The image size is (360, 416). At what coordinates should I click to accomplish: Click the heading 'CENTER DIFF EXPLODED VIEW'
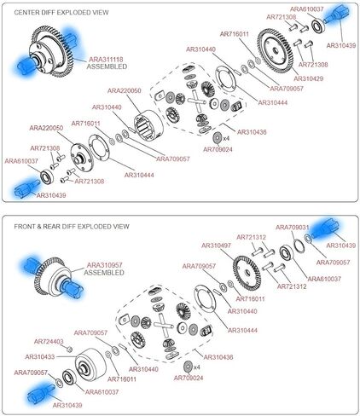tap(61, 13)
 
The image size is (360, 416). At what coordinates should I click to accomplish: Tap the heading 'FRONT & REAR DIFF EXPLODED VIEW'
tap(72, 227)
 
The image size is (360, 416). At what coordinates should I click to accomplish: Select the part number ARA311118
tap(106, 60)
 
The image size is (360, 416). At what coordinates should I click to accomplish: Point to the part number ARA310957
tap(105, 265)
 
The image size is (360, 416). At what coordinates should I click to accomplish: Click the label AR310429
tap(309, 78)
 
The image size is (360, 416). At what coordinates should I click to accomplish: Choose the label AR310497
tap(216, 246)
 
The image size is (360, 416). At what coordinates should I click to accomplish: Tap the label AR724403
tap(49, 341)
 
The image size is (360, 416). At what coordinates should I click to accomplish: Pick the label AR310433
tap(40, 356)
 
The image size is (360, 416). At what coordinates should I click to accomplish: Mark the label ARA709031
tap(293, 228)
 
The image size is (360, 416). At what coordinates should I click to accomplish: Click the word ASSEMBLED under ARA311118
tap(107, 66)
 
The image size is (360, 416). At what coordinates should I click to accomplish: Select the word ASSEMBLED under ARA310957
tap(104, 273)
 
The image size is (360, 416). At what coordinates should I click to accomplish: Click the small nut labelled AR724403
tap(70, 349)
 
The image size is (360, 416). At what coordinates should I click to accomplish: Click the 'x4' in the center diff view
tap(226, 138)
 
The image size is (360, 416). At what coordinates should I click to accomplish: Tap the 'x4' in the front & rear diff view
tap(196, 367)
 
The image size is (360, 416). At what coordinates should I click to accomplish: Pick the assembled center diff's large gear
tap(53, 52)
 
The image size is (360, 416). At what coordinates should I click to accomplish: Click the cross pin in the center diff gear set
tap(196, 101)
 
